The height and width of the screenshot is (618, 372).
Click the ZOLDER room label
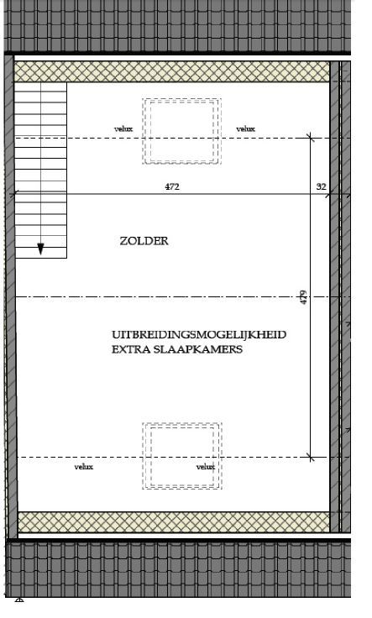point(144,241)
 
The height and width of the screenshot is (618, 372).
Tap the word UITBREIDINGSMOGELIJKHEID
point(199,335)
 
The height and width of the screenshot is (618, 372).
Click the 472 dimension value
point(172,186)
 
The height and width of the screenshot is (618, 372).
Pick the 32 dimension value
point(321,186)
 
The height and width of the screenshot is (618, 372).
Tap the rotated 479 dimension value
point(303,297)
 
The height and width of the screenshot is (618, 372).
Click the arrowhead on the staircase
point(40,249)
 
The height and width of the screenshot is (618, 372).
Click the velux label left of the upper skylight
point(123,128)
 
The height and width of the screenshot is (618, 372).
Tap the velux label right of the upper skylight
point(245,128)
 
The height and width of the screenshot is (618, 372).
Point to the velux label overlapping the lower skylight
point(206,467)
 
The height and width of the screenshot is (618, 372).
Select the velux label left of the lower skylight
point(84,467)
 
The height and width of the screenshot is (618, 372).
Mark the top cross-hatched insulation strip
point(172,71)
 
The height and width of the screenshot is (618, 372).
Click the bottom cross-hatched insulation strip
point(174,522)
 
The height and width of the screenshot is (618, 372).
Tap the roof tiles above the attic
point(177,26)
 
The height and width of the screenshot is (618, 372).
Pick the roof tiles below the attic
point(179,569)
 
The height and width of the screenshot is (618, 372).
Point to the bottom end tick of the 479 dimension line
point(311,458)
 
